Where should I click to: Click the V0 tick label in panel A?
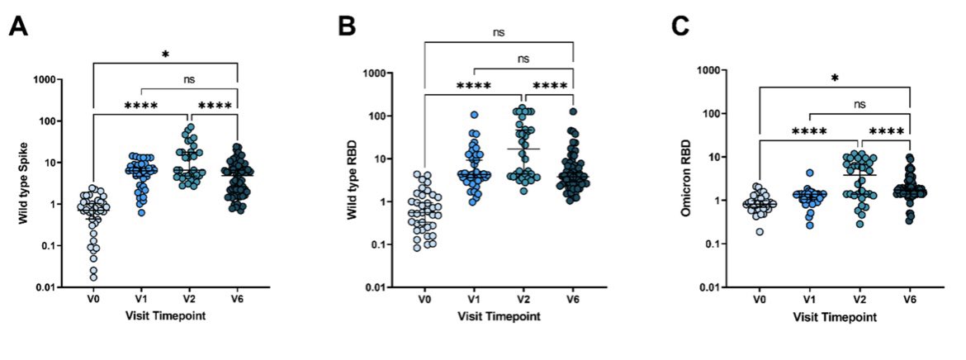pos(94,300)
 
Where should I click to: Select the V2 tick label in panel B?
pos(523,301)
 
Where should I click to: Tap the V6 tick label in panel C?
pos(909,301)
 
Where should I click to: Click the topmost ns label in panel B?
pos(499,32)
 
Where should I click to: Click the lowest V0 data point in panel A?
pos(94,277)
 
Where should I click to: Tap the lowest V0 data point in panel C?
pos(759,231)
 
